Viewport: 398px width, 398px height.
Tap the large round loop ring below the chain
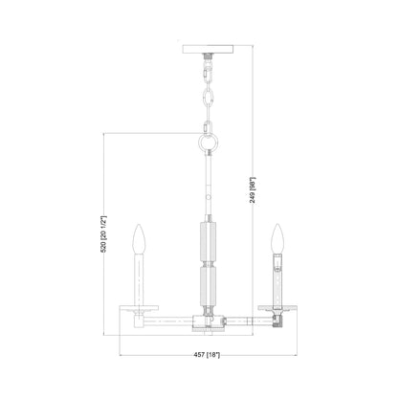[210, 140]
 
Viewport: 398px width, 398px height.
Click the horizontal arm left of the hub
[172, 320]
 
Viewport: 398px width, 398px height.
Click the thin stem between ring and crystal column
[210, 182]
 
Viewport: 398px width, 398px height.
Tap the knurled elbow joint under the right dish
[278, 321]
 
